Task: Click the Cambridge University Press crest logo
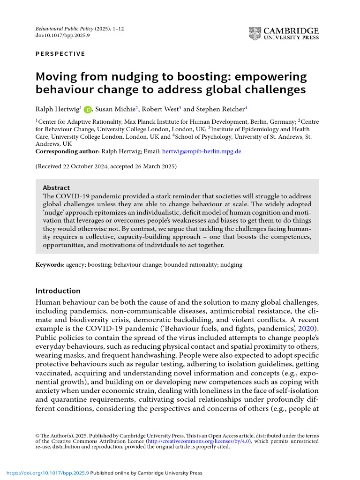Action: coord(255,33)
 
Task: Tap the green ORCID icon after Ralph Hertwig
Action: coord(88,110)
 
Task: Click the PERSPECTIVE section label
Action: coord(60,54)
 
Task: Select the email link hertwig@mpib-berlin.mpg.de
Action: coord(202,151)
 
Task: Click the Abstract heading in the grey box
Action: coord(56,187)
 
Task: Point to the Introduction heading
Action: coord(58,291)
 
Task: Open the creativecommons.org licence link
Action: coord(199,441)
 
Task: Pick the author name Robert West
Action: coord(160,109)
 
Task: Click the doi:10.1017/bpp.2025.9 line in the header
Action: coord(62,36)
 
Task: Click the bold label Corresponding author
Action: coord(67,151)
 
